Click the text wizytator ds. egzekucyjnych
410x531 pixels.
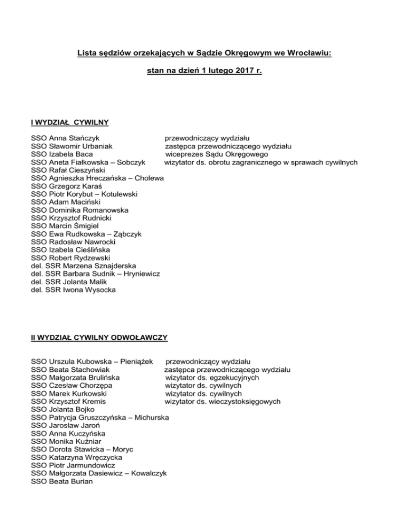(212, 378)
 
